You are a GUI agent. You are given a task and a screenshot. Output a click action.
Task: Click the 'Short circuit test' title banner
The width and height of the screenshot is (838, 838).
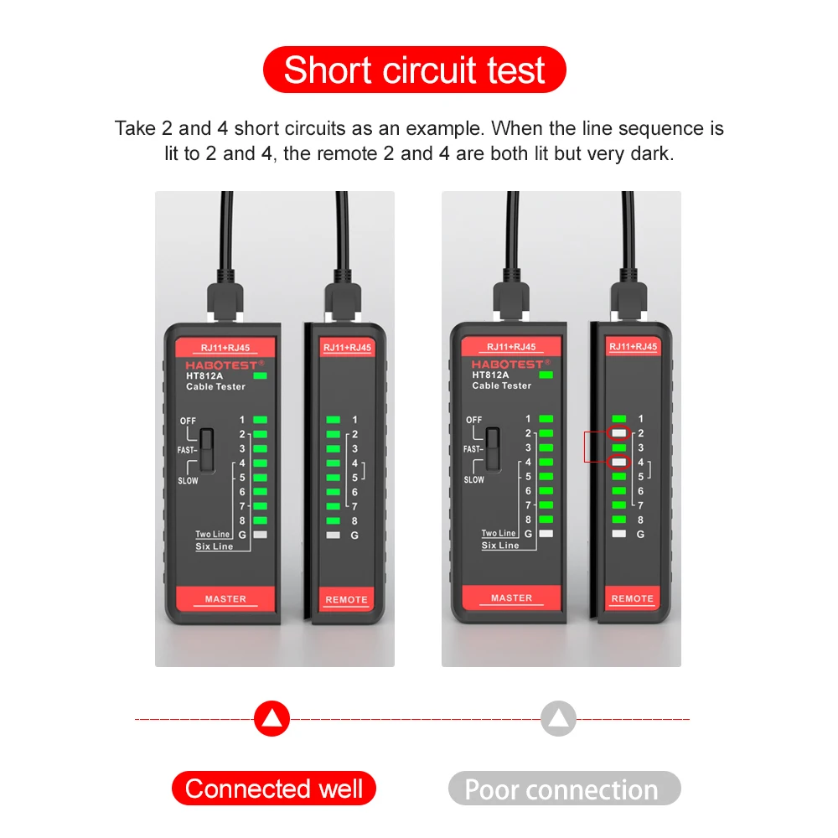[415, 70]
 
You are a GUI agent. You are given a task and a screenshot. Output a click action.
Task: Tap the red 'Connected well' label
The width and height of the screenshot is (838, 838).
[274, 789]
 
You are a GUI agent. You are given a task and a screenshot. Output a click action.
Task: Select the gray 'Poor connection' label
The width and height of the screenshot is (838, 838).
[561, 789]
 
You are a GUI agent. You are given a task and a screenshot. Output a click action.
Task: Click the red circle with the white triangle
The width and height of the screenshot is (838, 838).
[272, 718]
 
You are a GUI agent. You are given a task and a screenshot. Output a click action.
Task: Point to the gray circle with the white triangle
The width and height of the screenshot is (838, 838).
[558, 718]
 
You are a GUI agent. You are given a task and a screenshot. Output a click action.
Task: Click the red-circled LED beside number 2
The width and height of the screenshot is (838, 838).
[619, 433]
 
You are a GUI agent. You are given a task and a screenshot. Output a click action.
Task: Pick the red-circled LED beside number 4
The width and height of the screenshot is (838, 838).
[619, 462]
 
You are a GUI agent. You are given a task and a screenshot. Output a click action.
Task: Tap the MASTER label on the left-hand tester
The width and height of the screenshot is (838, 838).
[225, 598]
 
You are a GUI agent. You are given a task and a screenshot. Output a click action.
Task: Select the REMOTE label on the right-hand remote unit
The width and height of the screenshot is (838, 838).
[632, 598]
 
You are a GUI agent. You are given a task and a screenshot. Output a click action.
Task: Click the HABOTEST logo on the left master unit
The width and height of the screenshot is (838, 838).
[224, 365]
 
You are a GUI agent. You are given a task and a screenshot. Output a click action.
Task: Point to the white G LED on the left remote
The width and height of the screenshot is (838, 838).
[333, 535]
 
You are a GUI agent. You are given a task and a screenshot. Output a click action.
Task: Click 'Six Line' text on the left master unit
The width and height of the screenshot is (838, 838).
[215, 546]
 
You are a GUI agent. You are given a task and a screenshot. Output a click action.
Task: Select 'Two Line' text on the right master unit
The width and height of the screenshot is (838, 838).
[499, 533]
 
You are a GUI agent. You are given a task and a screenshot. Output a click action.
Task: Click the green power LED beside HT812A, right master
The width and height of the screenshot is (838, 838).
[547, 375]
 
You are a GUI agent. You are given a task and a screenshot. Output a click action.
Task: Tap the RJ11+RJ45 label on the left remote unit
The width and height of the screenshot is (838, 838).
[346, 348]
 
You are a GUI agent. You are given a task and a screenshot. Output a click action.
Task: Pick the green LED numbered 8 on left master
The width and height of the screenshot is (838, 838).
[260, 520]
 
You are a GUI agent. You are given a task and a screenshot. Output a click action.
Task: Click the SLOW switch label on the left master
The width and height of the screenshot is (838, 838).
[189, 481]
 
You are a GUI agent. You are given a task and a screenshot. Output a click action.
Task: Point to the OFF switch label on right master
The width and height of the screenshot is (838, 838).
[474, 420]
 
